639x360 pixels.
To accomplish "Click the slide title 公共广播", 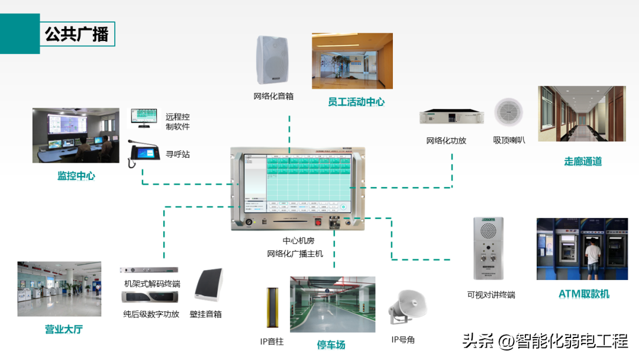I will click(77, 34).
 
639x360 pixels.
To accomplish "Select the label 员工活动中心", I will click(356, 102).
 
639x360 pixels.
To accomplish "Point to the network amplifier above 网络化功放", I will click(451, 117).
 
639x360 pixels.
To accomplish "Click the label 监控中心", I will click(76, 176).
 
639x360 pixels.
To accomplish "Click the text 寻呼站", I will click(177, 155).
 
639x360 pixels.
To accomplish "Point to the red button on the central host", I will click(318, 223).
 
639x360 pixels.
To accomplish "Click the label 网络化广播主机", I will click(295, 254).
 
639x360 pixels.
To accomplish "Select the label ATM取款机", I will click(583, 294).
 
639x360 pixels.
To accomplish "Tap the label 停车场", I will click(331, 345).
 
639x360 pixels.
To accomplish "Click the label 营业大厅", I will click(63, 329).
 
